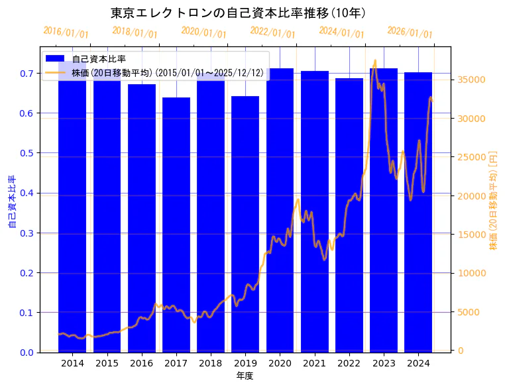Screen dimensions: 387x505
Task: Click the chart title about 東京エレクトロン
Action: [x=239, y=13]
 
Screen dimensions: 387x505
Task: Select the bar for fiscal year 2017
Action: [x=176, y=225]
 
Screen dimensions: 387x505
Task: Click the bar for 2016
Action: [x=142, y=219]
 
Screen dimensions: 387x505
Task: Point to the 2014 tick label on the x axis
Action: [x=72, y=363]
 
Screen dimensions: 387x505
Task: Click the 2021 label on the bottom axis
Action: [x=315, y=363]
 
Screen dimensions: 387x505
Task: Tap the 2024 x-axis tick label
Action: [x=418, y=363]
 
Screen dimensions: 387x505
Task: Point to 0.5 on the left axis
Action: [x=26, y=153]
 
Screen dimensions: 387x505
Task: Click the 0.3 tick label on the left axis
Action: [x=26, y=233]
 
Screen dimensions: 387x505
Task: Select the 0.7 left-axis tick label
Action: [x=26, y=74]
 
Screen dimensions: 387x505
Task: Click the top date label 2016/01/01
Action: [x=66, y=32]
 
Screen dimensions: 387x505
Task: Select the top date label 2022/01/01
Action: [x=272, y=32]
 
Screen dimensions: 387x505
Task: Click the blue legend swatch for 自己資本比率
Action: [x=55, y=59]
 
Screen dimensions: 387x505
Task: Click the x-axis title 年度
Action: [x=245, y=376]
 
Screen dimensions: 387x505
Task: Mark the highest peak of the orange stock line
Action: [x=375, y=60]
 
